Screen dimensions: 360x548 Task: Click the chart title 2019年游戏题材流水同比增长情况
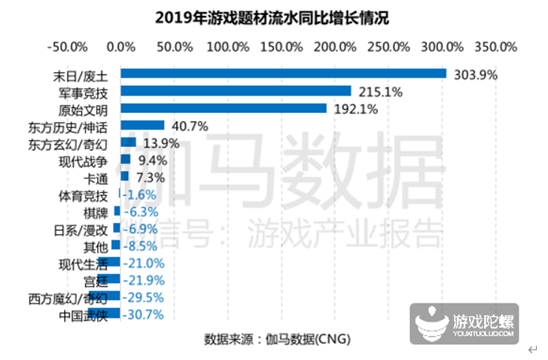click(277, 17)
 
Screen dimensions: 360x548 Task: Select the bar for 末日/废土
click(283, 73)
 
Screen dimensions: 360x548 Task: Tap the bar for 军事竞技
click(236, 91)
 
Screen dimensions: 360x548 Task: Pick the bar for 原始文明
click(224, 108)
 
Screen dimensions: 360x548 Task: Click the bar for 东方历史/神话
click(142, 125)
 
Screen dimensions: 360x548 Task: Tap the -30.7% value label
click(143, 315)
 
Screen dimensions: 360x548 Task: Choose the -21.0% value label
click(143, 263)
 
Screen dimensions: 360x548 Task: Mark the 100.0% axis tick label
click(228, 46)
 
